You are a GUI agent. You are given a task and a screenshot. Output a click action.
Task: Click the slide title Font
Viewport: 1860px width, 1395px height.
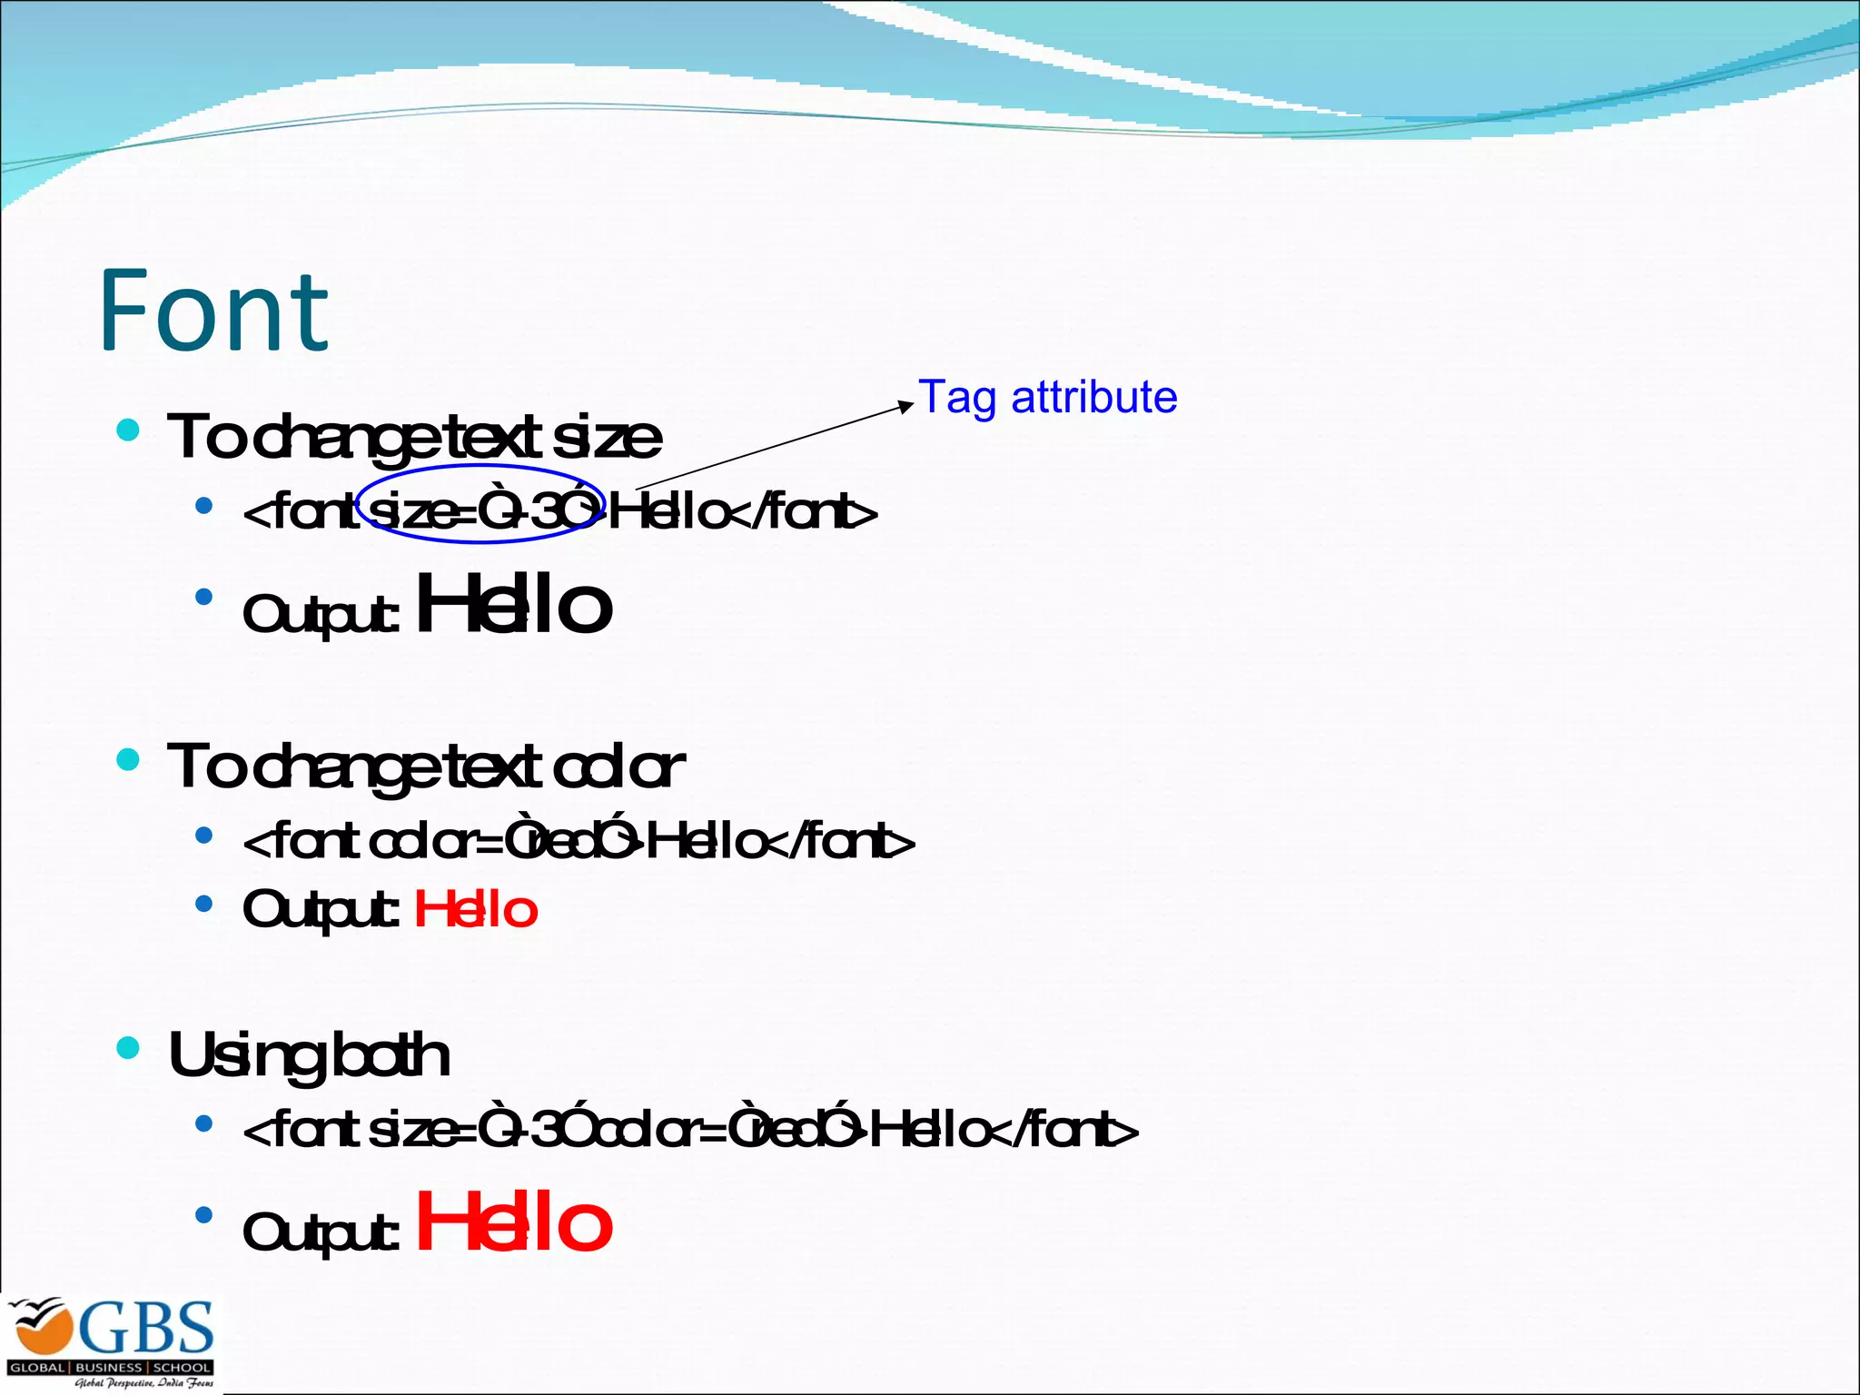point(213,311)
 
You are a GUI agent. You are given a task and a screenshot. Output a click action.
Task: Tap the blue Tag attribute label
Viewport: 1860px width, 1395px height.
point(1047,398)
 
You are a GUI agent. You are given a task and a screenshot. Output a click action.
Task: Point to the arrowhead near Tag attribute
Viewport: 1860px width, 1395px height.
point(906,406)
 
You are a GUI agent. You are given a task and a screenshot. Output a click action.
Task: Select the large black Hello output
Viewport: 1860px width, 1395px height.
point(514,604)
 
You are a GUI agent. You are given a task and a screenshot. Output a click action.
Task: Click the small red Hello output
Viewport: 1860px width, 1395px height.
point(476,910)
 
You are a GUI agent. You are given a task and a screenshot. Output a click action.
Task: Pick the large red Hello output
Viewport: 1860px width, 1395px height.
point(514,1222)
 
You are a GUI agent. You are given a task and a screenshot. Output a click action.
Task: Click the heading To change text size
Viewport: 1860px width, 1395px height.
point(414,437)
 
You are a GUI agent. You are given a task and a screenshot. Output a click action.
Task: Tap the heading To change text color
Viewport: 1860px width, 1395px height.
point(425,767)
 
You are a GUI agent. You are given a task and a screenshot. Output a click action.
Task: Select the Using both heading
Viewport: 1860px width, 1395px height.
point(309,1055)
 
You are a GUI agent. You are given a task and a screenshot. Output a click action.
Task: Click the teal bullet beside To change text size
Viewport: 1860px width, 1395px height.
point(128,430)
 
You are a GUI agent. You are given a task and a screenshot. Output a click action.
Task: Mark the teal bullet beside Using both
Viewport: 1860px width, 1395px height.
point(128,1049)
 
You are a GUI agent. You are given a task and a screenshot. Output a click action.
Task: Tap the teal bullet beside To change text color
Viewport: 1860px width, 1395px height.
point(128,759)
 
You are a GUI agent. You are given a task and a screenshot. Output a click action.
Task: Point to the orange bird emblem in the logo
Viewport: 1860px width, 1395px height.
point(41,1328)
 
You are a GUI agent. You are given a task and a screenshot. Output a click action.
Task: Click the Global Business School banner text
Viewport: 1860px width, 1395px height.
point(110,1368)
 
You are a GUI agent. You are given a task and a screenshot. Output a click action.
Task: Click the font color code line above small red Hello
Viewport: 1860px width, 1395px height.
point(579,841)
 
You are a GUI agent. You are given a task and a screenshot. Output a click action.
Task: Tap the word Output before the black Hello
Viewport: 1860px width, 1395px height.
point(320,614)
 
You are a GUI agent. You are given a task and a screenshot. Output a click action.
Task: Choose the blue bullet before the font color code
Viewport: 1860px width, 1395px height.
point(204,834)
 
